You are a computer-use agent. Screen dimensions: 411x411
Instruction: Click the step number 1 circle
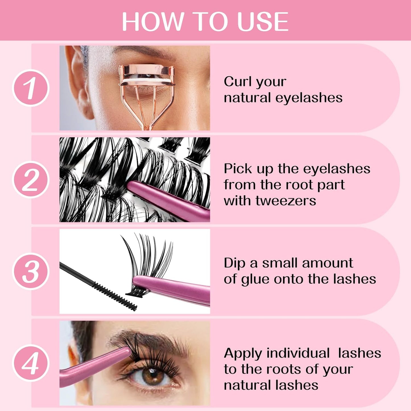click(31, 88)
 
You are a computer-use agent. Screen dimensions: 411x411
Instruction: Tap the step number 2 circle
click(31, 179)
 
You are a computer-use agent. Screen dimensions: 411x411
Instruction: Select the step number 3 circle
click(31, 271)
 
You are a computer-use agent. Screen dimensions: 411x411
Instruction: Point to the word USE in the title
click(263, 22)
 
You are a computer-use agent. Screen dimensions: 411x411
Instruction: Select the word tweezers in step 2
click(286, 201)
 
